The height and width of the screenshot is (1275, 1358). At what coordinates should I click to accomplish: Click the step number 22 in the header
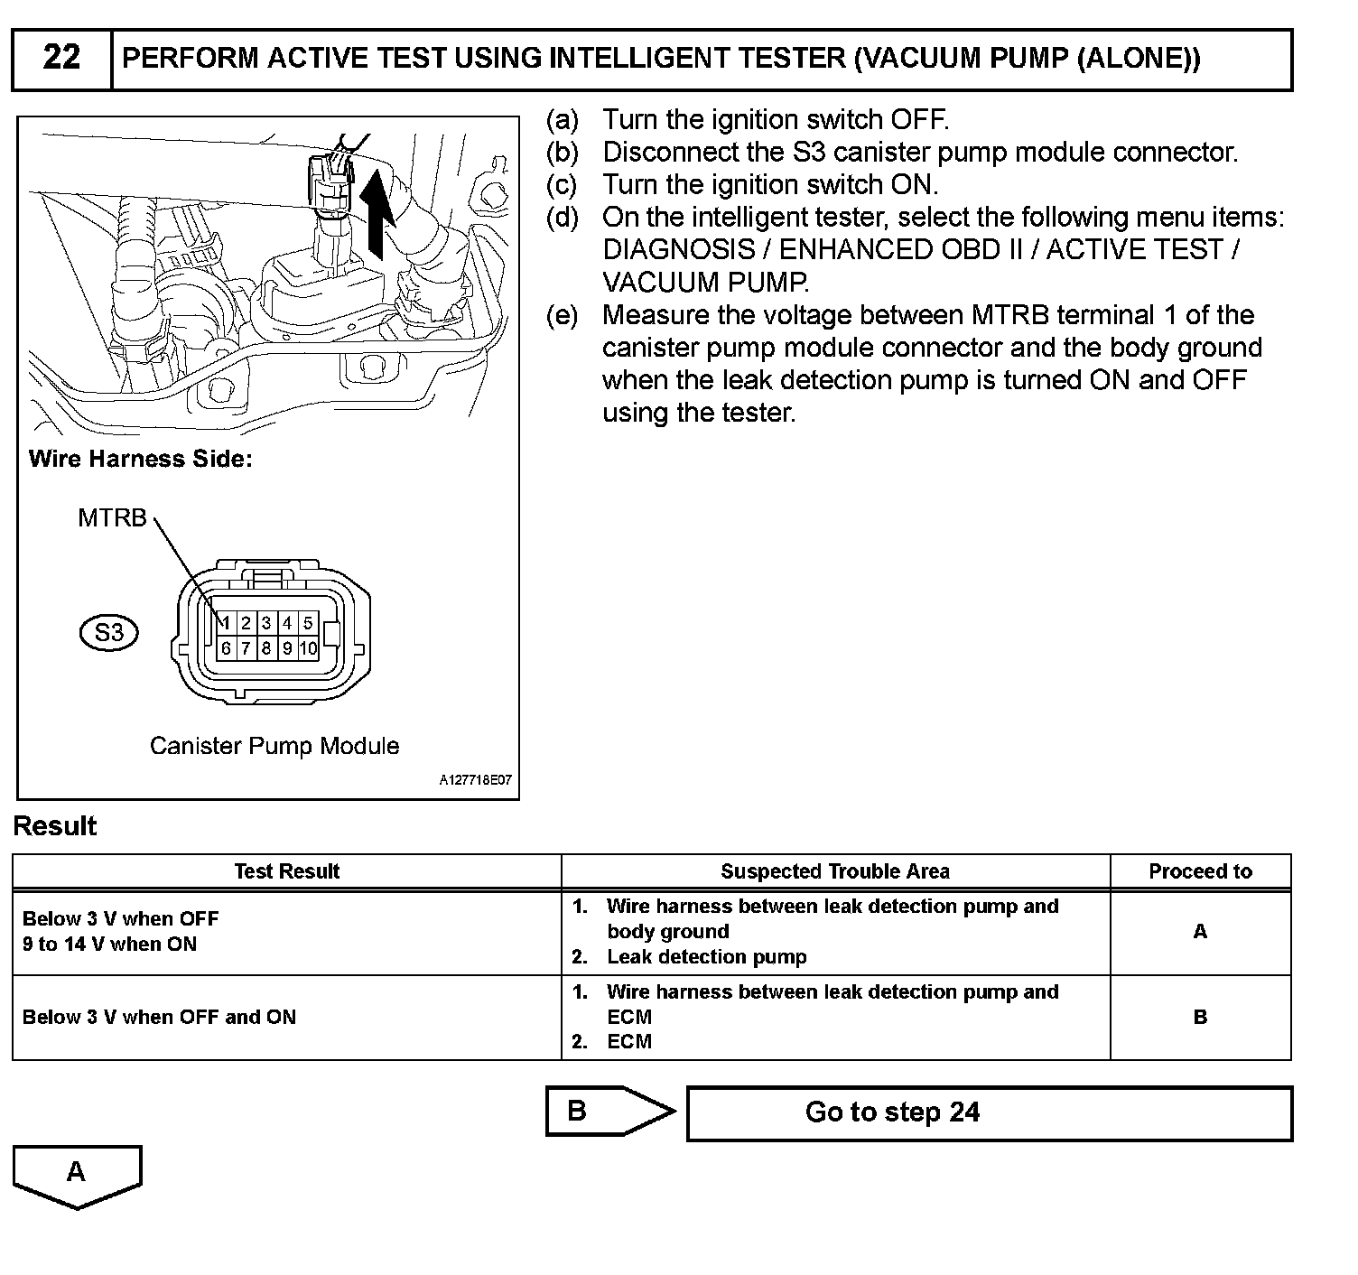click(x=61, y=59)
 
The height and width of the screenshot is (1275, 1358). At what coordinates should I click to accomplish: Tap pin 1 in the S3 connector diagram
click(x=226, y=623)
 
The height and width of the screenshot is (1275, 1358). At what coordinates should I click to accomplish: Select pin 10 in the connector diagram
click(x=308, y=648)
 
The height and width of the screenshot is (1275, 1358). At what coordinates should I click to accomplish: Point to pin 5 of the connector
click(x=308, y=623)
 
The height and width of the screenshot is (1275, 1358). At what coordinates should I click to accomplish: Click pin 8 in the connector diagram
click(x=266, y=648)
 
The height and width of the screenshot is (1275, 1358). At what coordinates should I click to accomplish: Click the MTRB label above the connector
click(x=112, y=518)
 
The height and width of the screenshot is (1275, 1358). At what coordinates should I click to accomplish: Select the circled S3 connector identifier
click(x=108, y=633)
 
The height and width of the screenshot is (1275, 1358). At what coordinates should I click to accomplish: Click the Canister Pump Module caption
click(x=274, y=746)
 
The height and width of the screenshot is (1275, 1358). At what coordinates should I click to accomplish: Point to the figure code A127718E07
click(x=475, y=781)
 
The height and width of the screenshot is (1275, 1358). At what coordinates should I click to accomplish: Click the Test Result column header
click(x=286, y=872)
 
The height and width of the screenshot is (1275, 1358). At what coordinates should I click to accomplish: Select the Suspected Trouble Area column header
click(x=834, y=872)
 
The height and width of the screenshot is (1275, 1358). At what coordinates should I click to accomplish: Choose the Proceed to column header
click(x=1200, y=872)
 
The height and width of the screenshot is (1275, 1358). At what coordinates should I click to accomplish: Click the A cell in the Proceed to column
click(x=1200, y=932)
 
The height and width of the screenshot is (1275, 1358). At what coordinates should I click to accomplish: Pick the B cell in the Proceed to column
click(x=1200, y=1018)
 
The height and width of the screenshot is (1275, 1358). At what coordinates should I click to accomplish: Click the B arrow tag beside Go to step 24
click(x=596, y=1112)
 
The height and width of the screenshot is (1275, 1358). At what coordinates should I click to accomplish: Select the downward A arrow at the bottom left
click(x=77, y=1174)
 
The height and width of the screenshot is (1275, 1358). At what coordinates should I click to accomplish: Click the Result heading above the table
click(x=55, y=827)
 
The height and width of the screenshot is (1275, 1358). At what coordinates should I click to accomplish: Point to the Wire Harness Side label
click(x=141, y=459)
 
